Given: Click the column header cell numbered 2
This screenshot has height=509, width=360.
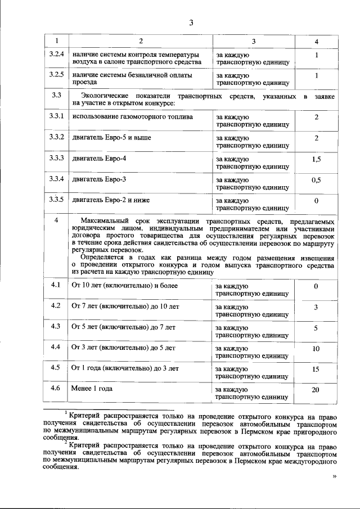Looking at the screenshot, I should (x=141, y=42).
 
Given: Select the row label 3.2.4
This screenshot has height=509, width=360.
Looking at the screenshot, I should (x=56, y=55).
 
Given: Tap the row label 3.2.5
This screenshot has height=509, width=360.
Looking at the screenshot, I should (x=56, y=74).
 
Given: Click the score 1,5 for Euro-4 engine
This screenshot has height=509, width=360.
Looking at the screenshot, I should (x=316, y=160).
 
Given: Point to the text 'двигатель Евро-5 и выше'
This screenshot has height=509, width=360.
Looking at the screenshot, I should (x=111, y=137).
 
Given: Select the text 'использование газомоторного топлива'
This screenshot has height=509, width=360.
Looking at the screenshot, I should (x=132, y=117).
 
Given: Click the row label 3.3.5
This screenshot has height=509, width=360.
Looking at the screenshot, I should (x=56, y=199).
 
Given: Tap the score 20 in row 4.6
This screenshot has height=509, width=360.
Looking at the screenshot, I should (x=316, y=389).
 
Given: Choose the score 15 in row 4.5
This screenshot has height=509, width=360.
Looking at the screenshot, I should (x=316, y=369).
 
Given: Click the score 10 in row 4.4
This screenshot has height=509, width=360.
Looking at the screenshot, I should (x=316, y=348).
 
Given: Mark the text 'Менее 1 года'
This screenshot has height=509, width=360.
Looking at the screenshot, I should (x=92, y=389).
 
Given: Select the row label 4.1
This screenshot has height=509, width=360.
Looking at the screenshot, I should (x=56, y=285).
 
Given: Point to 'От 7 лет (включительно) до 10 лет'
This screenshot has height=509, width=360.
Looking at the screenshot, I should (x=125, y=306).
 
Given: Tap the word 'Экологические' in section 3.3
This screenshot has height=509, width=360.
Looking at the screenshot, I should (x=105, y=96).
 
